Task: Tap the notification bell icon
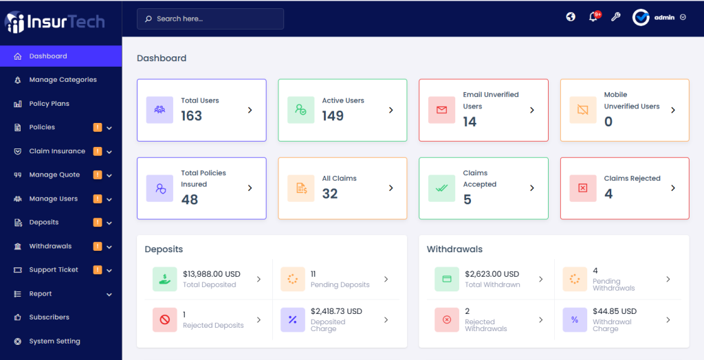(x=593, y=17)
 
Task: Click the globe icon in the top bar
(x=571, y=17)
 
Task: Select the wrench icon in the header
(x=615, y=17)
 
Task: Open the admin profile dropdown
(x=659, y=17)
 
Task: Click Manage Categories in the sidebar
(x=63, y=80)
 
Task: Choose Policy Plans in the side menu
(x=49, y=104)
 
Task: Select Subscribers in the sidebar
(x=49, y=317)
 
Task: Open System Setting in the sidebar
(x=54, y=341)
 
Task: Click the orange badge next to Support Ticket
(x=98, y=270)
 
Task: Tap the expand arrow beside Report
(x=109, y=295)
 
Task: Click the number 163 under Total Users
(x=191, y=116)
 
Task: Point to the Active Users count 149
(x=333, y=116)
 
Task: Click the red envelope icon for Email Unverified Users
(x=441, y=110)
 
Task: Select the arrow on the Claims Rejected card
(x=673, y=188)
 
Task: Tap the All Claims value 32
(x=330, y=194)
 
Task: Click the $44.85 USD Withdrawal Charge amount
(x=615, y=311)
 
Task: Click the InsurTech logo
(x=55, y=22)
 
